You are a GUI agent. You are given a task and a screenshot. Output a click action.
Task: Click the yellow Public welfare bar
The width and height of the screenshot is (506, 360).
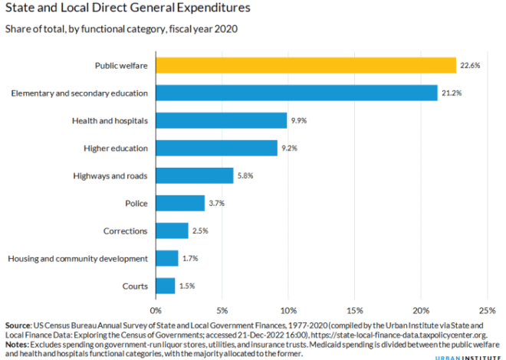[x=306, y=66]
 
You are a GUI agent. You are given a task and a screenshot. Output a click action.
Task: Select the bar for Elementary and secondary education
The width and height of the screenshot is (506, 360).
[x=297, y=93]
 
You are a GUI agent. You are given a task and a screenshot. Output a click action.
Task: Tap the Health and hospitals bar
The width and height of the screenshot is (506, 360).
[x=221, y=121]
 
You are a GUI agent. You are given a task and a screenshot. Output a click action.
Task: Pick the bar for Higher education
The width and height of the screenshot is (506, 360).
[x=216, y=149]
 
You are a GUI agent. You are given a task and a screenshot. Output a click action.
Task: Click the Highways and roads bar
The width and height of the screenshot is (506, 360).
[x=194, y=175]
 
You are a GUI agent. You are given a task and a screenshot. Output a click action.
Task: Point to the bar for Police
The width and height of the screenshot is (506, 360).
[x=180, y=203]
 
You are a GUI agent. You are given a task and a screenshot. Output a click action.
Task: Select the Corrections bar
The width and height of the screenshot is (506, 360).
[x=172, y=231]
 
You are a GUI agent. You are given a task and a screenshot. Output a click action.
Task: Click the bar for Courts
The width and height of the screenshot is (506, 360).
[x=166, y=286]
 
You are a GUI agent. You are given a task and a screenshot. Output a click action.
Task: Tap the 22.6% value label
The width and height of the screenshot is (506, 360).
[x=469, y=66]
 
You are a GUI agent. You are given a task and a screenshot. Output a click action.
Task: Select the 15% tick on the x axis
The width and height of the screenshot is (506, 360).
[x=354, y=310]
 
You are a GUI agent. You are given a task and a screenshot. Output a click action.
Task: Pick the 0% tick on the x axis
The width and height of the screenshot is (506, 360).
[x=156, y=310]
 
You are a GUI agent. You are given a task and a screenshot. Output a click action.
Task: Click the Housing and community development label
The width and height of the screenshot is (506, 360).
[x=77, y=258]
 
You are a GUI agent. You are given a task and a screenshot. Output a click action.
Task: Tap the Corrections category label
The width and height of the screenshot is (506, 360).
[x=124, y=231]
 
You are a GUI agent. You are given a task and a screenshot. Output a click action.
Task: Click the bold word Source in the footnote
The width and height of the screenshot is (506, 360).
[x=18, y=326]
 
